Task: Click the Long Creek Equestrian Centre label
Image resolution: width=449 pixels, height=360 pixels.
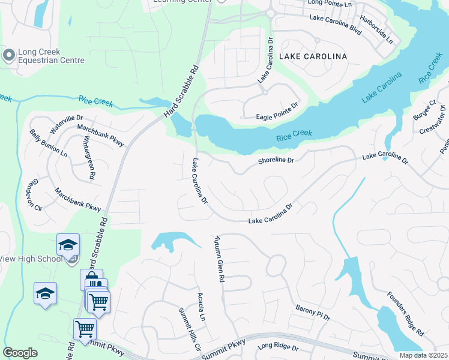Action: click(x=51, y=56)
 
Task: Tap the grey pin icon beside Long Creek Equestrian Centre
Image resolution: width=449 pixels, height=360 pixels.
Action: click(x=9, y=56)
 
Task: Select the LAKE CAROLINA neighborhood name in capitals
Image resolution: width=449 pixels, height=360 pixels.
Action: click(x=313, y=56)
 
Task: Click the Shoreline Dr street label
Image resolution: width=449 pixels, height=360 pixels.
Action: click(x=276, y=161)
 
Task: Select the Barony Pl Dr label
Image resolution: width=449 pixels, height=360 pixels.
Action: click(x=313, y=312)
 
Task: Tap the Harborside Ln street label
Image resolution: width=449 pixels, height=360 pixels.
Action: click(x=381, y=30)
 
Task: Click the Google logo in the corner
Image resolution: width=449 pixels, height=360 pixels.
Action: click(x=20, y=353)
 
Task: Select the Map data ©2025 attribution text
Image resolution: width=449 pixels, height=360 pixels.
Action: click(x=423, y=355)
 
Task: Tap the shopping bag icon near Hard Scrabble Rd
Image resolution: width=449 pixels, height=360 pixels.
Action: click(x=91, y=278)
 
